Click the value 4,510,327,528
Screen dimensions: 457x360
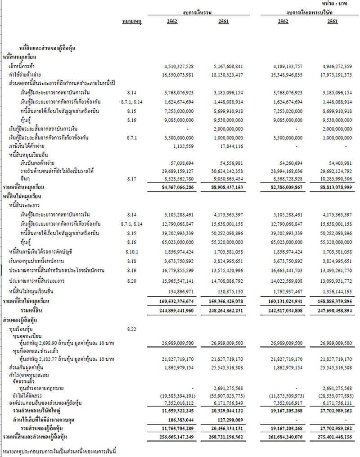[x=180, y=67]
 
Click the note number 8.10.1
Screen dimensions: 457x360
[x=132, y=252]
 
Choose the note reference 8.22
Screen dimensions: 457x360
[x=132, y=330]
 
